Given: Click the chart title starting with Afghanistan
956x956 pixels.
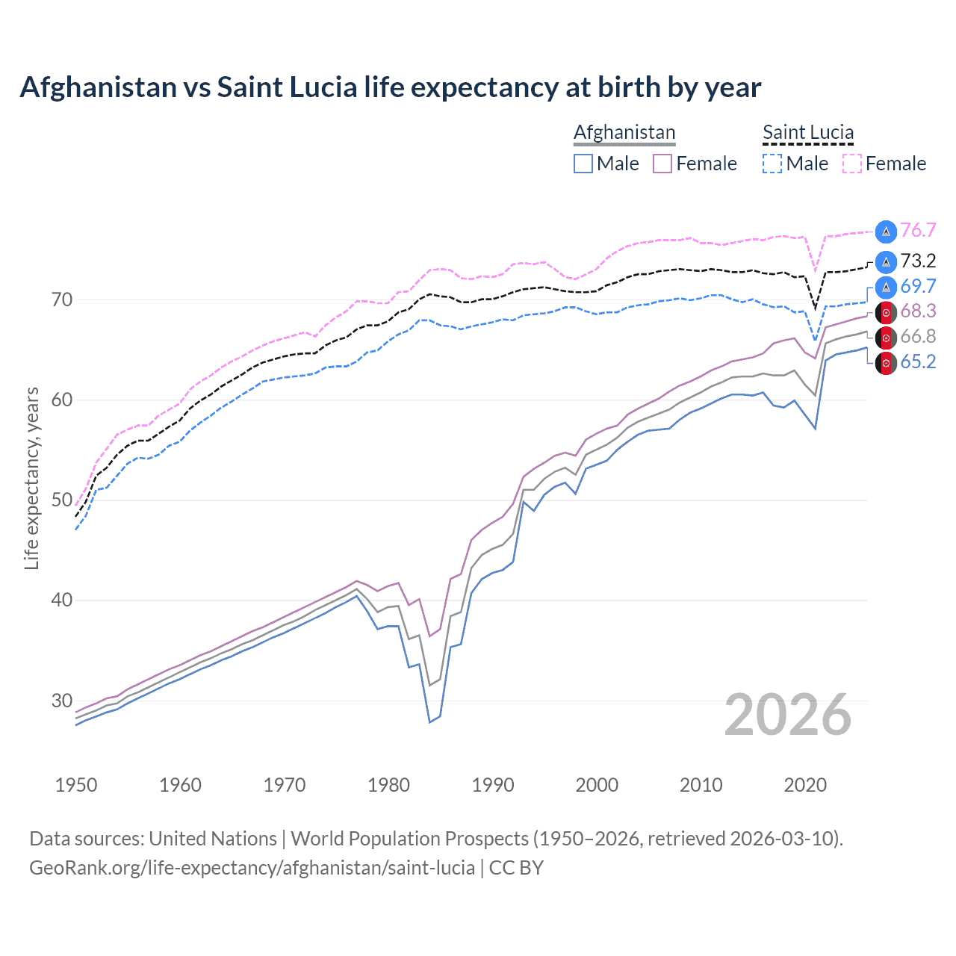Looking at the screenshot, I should (x=390, y=87).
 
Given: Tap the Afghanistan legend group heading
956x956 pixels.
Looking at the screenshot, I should (x=624, y=132).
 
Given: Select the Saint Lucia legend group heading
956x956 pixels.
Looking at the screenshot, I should (x=807, y=132).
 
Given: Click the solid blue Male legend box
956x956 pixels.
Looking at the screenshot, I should (x=583, y=164).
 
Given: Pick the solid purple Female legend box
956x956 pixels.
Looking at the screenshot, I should (x=662, y=164).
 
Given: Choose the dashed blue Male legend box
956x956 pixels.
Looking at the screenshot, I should (x=772, y=164).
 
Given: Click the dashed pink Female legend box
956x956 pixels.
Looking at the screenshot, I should (x=852, y=164).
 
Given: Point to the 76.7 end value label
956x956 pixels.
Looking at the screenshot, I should (x=918, y=231).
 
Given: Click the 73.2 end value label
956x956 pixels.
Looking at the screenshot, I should (x=918, y=261).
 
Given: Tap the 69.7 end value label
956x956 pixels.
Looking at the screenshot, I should (x=918, y=286).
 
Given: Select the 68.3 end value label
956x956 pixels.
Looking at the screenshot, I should (x=918, y=311).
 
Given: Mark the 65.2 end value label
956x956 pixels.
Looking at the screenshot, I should (x=918, y=361).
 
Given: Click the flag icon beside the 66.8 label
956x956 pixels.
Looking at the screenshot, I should (x=886, y=338).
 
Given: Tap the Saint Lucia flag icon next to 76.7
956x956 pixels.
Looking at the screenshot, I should (x=886, y=232).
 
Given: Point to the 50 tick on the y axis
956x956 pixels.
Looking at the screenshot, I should (x=62, y=500).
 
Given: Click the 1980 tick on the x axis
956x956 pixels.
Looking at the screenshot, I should (x=389, y=785).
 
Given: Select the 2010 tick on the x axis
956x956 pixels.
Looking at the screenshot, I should (x=701, y=785).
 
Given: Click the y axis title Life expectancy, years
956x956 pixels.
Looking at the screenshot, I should (x=32, y=478).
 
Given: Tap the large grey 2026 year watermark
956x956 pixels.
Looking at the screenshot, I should (x=788, y=715).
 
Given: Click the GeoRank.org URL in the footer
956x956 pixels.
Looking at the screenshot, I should (x=252, y=867).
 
